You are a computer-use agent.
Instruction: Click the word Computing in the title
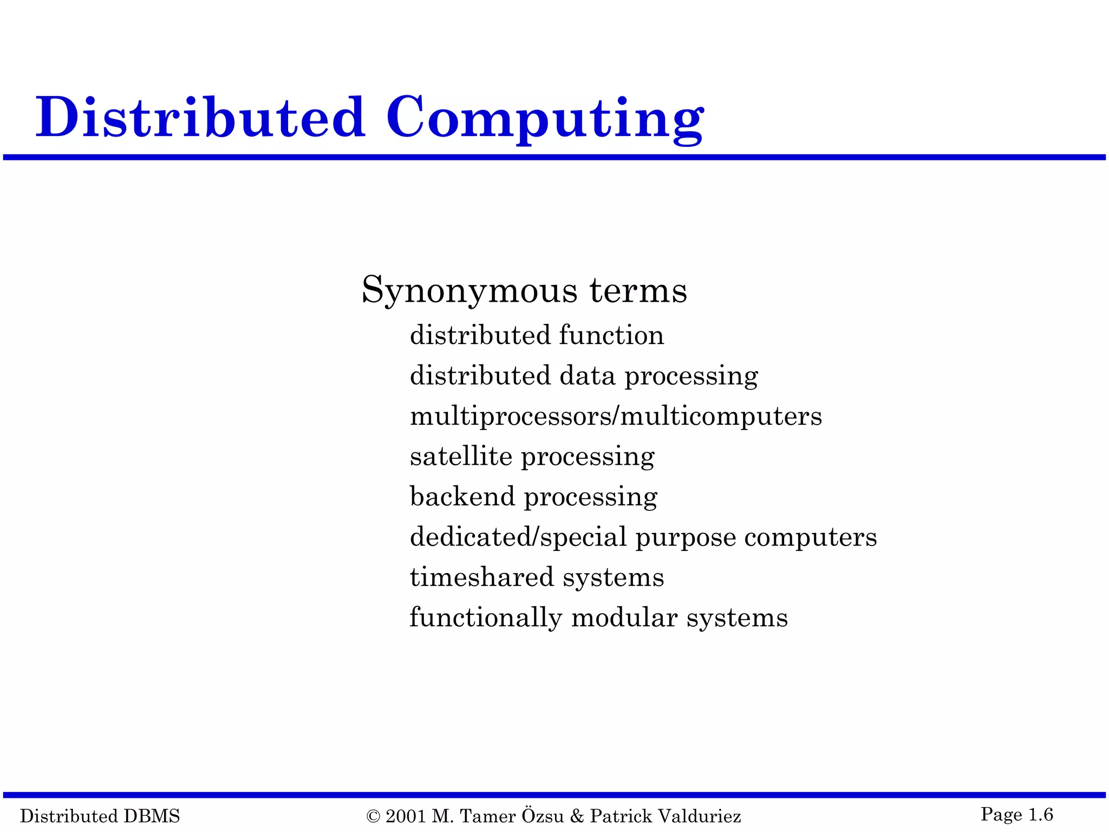click(544, 118)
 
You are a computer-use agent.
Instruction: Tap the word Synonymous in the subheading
click(469, 291)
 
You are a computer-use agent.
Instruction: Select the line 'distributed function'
click(537, 335)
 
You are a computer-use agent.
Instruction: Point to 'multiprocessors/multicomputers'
click(616, 416)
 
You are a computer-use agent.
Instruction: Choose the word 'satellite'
click(461, 456)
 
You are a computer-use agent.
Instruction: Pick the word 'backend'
click(462, 496)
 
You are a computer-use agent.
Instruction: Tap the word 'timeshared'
click(481, 577)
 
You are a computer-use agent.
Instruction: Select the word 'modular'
click(624, 617)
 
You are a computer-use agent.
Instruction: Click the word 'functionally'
click(486, 617)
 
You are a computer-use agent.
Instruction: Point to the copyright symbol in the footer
click(373, 816)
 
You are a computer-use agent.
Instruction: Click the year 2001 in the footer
click(406, 816)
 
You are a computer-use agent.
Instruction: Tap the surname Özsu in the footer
click(543, 815)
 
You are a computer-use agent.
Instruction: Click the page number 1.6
click(1040, 814)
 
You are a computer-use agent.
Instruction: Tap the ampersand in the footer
click(577, 816)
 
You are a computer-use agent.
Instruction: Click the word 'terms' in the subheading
click(638, 291)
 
